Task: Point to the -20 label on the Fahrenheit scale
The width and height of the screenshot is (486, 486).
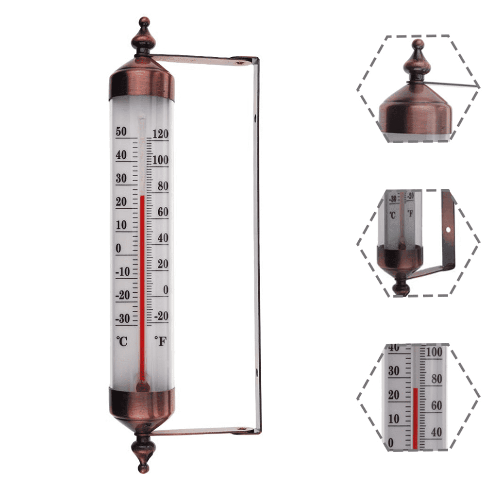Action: (x=161, y=316)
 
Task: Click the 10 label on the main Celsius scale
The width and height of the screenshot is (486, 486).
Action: (x=121, y=226)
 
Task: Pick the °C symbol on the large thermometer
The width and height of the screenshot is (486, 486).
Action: (x=121, y=341)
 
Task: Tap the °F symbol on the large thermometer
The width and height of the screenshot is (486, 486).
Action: (x=160, y=341)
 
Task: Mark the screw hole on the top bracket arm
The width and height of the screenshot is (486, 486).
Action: (x=238, y=62)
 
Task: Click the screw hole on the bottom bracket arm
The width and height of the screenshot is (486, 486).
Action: (x=238, y=429)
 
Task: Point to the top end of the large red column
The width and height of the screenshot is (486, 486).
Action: (x=142, y=197)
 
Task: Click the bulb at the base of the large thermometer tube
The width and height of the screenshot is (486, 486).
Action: (x=142, y=386)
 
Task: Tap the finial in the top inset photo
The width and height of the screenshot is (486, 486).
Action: (x=418, y=61)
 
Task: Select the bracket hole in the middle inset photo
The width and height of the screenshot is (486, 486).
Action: (x=449, y=228)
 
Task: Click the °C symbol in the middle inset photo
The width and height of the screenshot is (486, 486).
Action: (x=392, y=214)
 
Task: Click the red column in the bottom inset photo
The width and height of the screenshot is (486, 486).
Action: (x=415, y=418)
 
